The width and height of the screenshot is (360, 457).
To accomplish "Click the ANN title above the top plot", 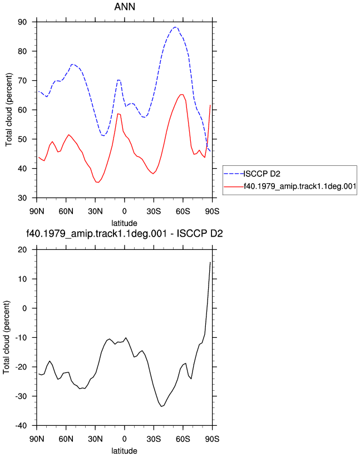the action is coord(125,7).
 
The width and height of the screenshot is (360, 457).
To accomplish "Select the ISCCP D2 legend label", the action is coord(262,174).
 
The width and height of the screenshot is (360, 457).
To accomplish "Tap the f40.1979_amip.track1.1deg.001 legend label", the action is coord(300,186).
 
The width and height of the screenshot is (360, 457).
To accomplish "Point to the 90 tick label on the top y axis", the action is coord(22,22).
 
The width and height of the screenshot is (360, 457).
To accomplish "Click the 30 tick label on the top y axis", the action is coord(22,198).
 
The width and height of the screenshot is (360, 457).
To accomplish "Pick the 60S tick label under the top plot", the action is coord(183,212).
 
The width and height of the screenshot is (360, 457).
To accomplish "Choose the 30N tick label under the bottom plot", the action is coord(95,439).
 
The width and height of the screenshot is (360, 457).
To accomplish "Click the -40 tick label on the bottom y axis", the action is coord(21,426).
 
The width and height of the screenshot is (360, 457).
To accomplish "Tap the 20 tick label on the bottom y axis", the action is coord(22,250).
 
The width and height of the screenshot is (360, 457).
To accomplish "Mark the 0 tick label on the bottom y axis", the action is coord(24,308).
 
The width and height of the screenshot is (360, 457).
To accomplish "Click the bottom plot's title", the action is coord(125,234).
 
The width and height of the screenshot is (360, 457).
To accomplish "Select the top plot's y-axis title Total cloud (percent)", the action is coord(9,110).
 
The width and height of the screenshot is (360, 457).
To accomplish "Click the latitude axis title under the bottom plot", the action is coord(125,451).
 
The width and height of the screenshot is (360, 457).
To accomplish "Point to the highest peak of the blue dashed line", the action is coord(175,27).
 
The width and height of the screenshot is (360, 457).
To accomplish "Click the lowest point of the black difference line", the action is coord(161,406).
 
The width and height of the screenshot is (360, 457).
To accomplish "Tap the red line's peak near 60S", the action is coord(182,95).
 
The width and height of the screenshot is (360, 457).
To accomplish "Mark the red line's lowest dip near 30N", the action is coord(97,182).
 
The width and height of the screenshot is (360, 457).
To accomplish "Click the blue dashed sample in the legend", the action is coord(234,174).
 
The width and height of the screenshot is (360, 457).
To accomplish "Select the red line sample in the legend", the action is coord(234,186).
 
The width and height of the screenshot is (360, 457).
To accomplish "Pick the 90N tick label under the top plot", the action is coord(37,212).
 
